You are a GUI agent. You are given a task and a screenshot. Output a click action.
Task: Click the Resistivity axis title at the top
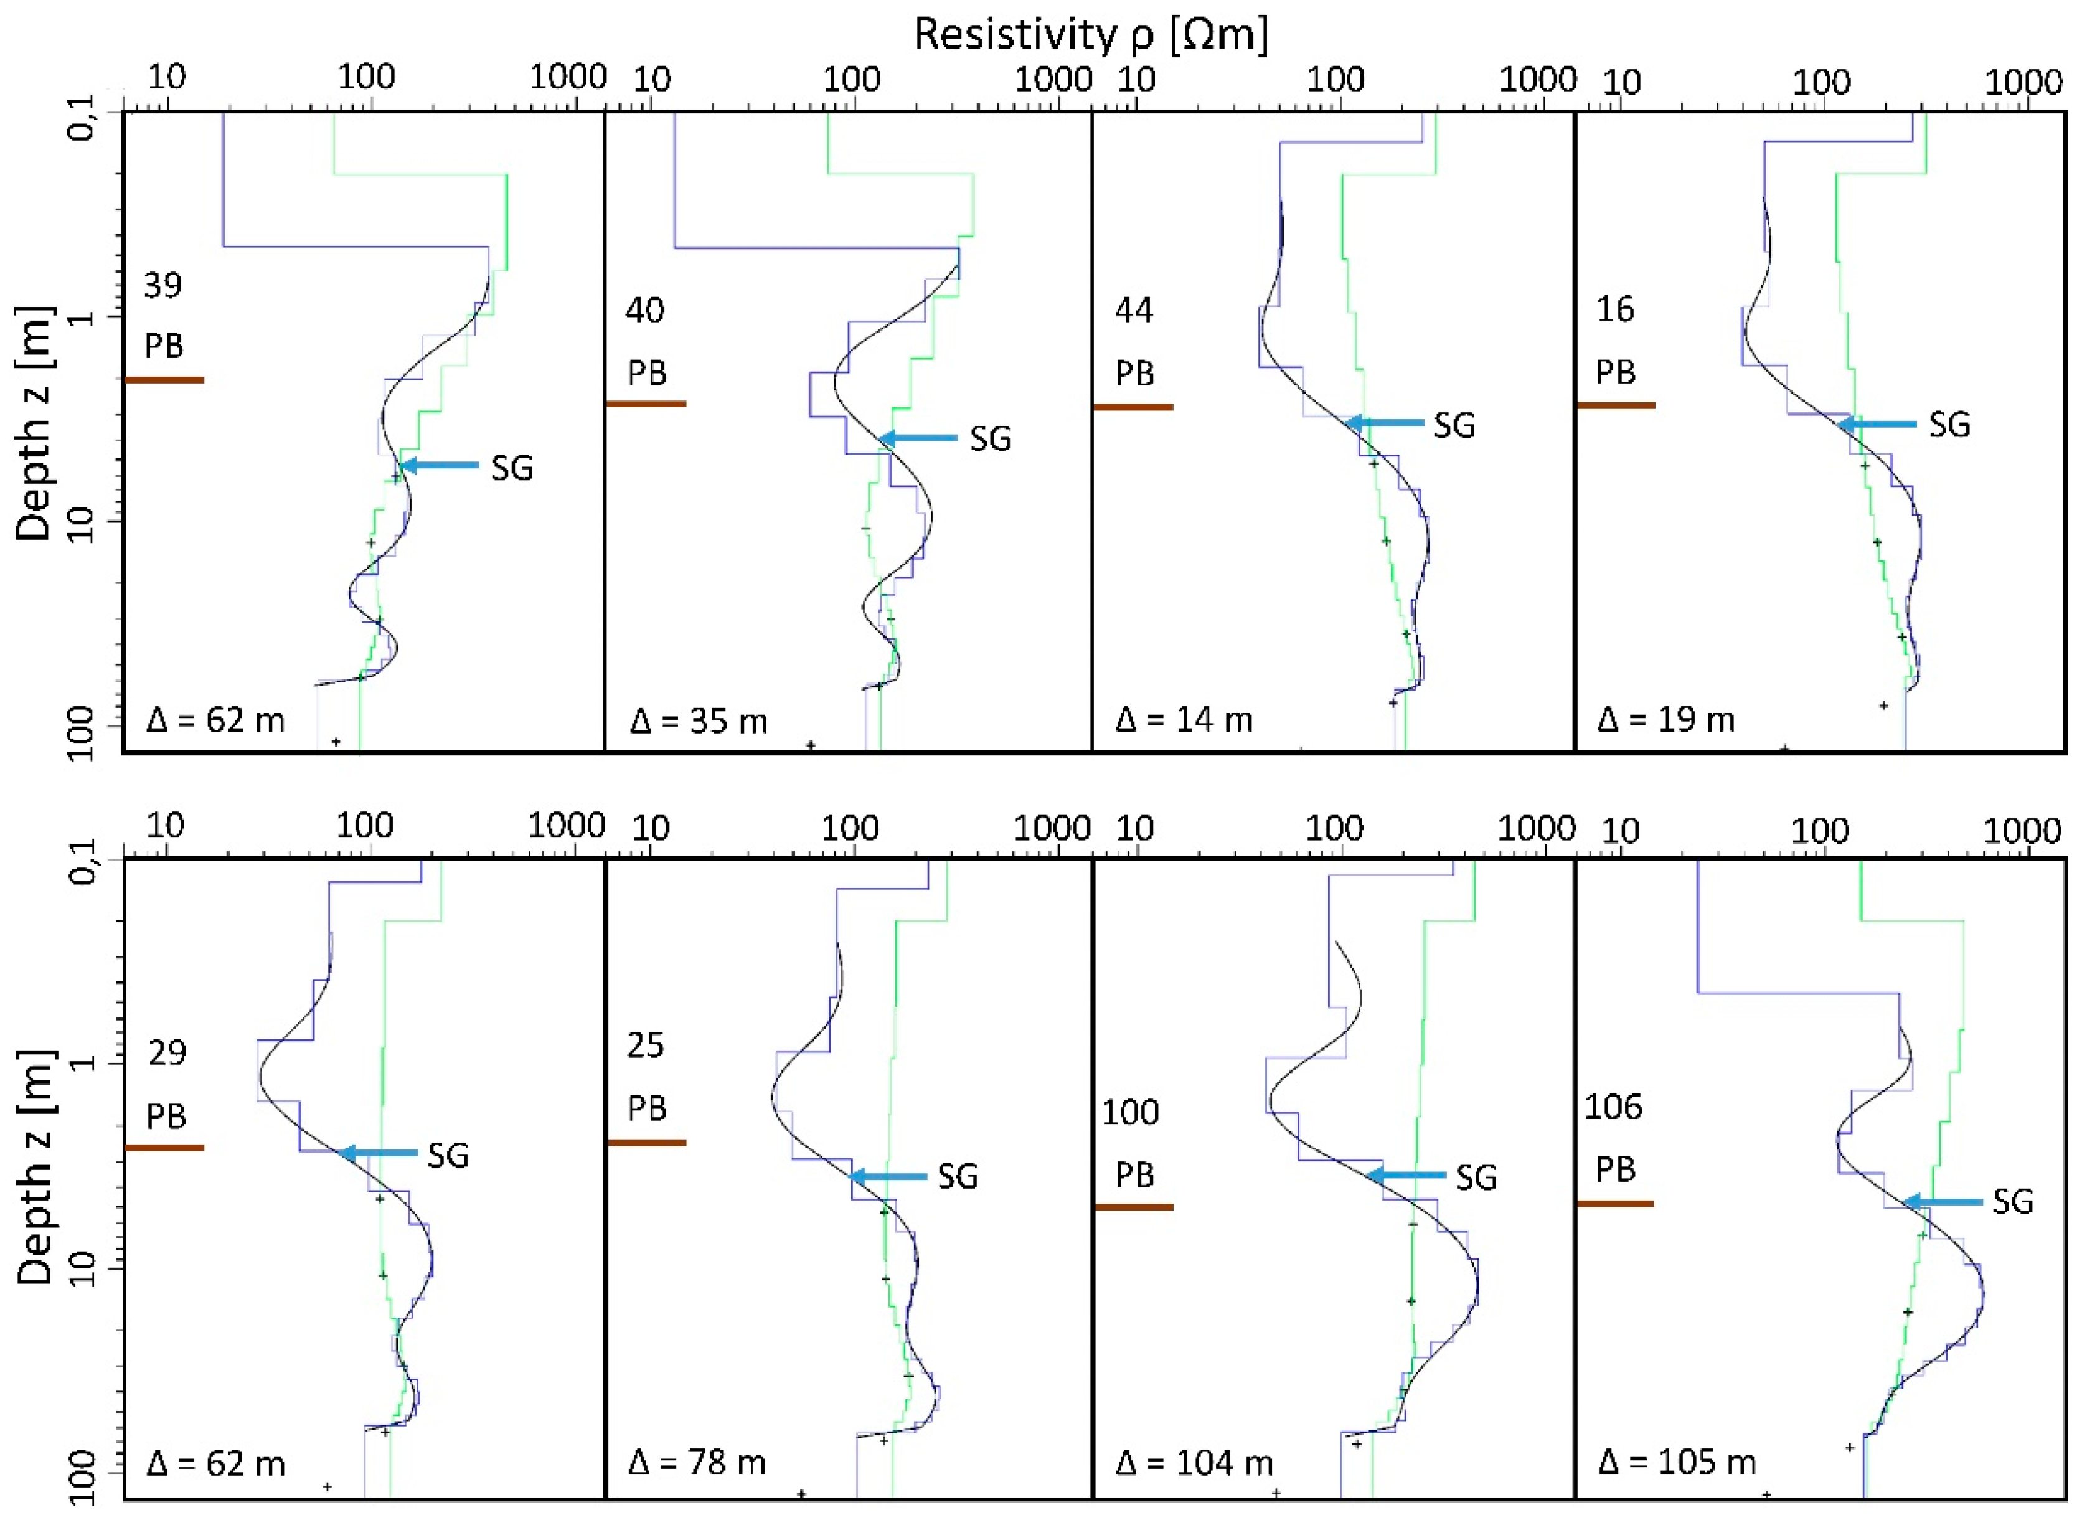[1091, 35]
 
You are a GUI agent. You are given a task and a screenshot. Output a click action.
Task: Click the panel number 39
[163, 286]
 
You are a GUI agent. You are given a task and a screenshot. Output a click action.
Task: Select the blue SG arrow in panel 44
[1385, 422]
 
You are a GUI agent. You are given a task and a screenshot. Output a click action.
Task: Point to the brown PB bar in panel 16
[1615, 404]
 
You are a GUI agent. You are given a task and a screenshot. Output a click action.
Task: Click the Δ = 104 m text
[1194, 1461]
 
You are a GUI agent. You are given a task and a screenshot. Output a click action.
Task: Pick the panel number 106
[1613, 1107]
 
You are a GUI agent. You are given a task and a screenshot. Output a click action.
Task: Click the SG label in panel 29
[448, 1155]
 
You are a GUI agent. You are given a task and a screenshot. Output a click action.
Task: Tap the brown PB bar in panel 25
[646, 1142]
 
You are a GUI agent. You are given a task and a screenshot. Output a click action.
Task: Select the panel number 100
[1130, 1112]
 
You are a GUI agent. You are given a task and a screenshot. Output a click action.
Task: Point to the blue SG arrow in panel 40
[918, 438]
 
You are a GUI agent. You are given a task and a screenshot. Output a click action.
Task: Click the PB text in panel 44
[1134, 374]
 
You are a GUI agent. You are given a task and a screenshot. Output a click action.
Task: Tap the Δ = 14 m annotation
[1184, 719]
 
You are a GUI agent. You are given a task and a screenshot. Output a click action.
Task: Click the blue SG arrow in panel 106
[1941, 1201]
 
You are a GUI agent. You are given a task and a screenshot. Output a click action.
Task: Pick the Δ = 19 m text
[1666, 719]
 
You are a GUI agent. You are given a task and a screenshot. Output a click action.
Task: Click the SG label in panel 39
[511, 468]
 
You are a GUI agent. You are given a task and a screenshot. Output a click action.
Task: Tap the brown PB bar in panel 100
[1134, 1207]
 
